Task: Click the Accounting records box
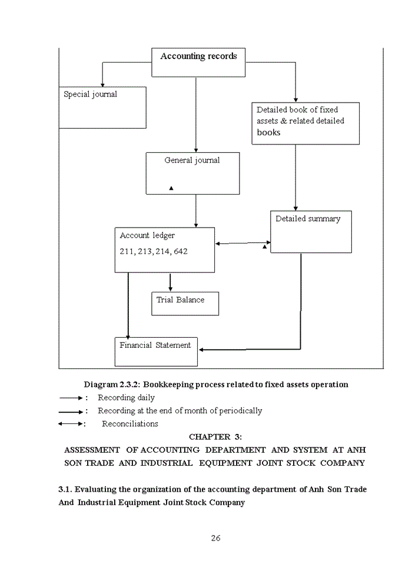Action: coord(198,62)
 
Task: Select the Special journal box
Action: coord(102,107)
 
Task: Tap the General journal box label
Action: coord(192,160)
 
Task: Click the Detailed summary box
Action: coord(311,232)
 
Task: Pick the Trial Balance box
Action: coord(185,304)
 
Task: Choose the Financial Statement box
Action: coord(156,352)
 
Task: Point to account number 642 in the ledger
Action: coord(181,252)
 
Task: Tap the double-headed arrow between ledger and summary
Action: coord(243,243)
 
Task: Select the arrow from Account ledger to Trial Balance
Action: coord(170,282)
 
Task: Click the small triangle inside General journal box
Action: coord(171,188)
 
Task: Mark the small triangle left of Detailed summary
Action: coord(265,247)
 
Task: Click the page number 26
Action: coord(215,538)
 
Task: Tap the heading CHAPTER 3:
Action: coord(215,437)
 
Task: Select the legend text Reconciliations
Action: coord(130,424)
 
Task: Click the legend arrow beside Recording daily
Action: coord(71,398)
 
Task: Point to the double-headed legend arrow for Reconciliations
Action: coord(71,424)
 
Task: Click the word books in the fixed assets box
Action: coord(268,133)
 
